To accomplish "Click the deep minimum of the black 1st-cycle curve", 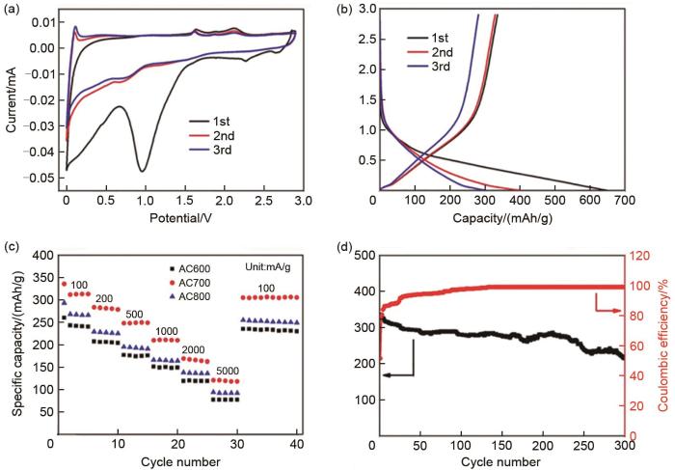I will coord(143,171).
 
